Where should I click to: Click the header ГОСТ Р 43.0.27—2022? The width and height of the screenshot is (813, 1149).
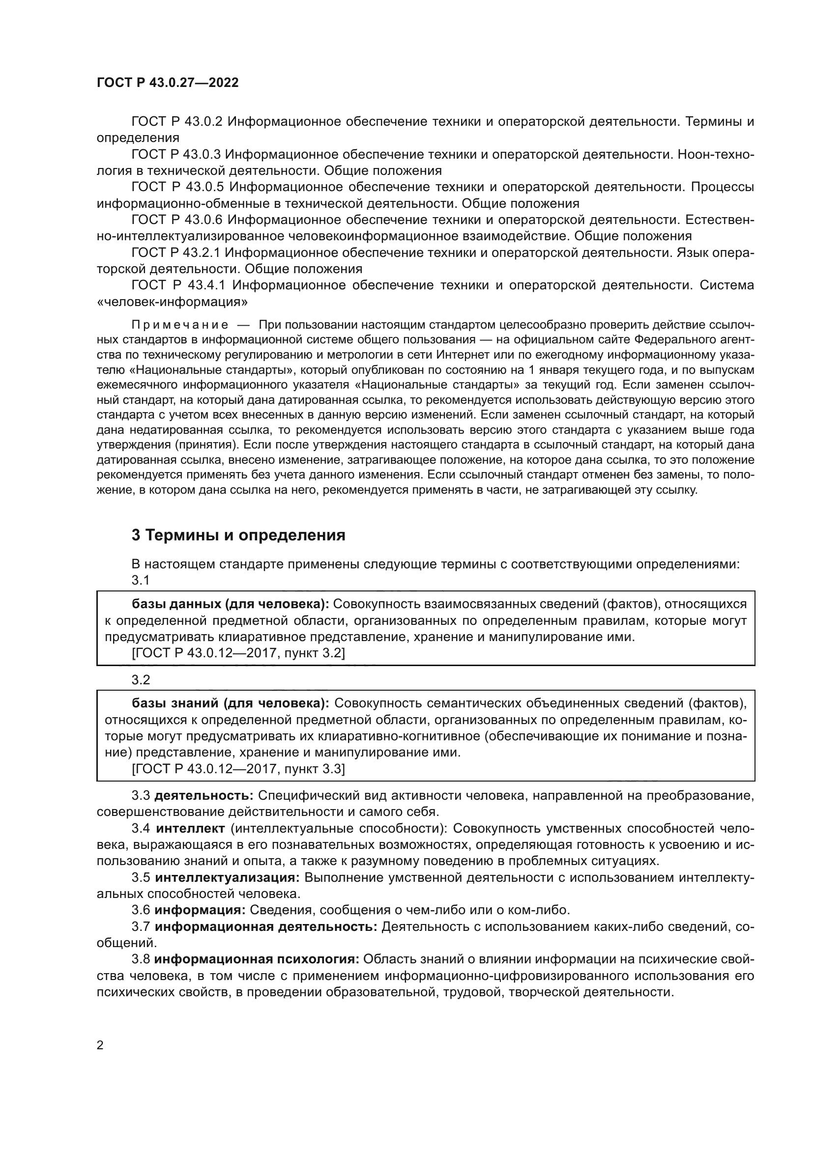(x=168, y=83)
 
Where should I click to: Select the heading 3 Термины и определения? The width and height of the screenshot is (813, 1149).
(x=238, y=535)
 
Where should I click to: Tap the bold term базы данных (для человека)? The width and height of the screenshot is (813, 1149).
(x=230, y=605)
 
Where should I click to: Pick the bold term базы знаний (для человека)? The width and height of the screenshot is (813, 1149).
(x=230, y=703)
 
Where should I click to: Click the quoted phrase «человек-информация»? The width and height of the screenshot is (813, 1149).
(x=172, y=302)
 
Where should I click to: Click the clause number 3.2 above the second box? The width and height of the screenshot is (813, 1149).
(x=141, y=680)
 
